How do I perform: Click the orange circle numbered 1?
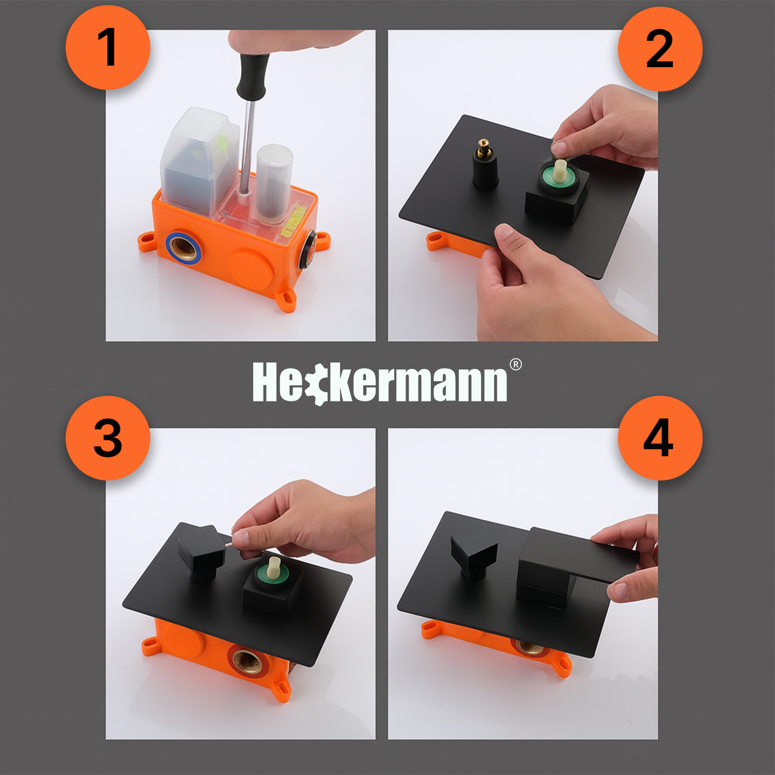107,48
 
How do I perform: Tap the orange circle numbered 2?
660,49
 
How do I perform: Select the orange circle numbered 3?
107,438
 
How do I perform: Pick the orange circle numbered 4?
660,438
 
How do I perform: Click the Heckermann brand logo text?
380,382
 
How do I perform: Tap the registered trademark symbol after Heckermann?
516,365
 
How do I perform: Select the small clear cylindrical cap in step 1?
274,181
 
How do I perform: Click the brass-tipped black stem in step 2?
485,164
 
